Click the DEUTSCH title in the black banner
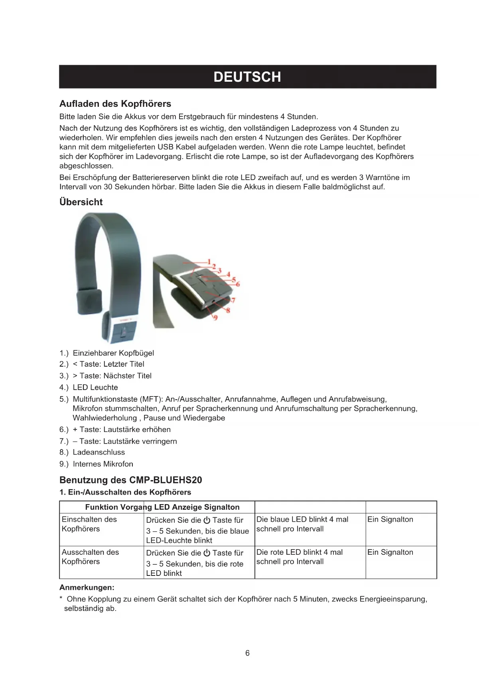tap(247, 77)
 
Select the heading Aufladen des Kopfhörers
tap(115, 104)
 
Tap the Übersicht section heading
tap(81, 202)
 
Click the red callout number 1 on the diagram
tap(209, 261)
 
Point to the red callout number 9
tap(215, 318)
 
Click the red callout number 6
tap(238, 284)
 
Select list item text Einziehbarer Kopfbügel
tap(113, 353)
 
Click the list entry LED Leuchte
tap(95, 387)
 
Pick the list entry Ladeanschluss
tap(99, 452)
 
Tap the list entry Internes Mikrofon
tap(103, 464)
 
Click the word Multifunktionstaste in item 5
tap(105, 399)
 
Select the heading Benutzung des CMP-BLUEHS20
tap(131, 480)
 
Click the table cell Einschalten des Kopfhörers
tap(89, 524)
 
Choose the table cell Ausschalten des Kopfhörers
tap(90, 557)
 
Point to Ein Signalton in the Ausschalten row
tap(390, 552)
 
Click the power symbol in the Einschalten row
tap(207, 520)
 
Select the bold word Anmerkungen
tap(87, 587)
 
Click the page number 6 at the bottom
tap(247, 653)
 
